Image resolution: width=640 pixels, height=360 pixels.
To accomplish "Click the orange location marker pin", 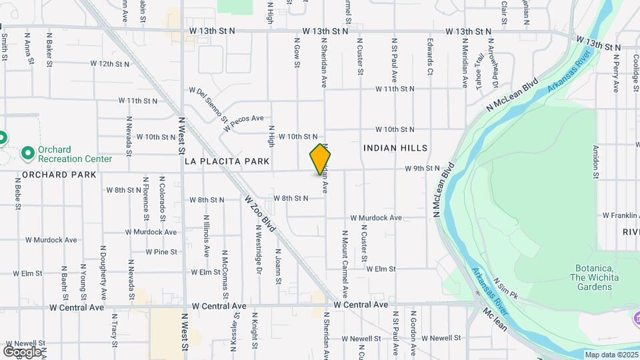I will click(x=320, y=160).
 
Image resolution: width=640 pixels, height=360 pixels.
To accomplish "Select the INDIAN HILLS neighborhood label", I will click(x=395, y=148).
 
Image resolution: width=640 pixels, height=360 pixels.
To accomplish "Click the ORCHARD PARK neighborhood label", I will click(x=59, y=175).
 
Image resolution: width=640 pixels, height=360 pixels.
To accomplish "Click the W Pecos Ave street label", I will click(x=248, y=122).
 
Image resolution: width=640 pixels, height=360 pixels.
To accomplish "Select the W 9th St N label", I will click(x=422, y=169).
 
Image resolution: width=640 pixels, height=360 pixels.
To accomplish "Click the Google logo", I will click(x=22, y=351).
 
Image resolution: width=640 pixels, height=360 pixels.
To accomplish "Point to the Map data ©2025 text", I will click(x=611, y=355).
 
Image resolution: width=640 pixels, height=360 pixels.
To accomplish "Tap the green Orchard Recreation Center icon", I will click(x=28, y=154).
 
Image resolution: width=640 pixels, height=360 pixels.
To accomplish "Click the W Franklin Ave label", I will click(x=621, y=216).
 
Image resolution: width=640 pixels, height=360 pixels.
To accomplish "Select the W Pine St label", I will click(x=161, y=252).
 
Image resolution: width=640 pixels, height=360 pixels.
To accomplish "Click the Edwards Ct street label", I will click(x=431, y=57).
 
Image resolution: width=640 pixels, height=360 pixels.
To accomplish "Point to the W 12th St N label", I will click(x=109, y=64).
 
